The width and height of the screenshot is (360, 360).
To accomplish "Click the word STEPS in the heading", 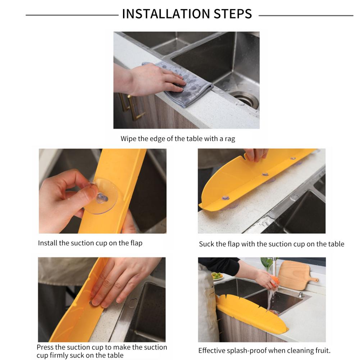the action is pyautogui.click(x=233, y=14).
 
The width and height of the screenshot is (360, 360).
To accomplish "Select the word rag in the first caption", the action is pyautogui.click(x=230, y=139).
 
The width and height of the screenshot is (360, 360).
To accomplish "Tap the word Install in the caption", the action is pyautogui.click(x=48, y=243).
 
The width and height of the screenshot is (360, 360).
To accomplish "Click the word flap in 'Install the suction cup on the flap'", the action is pyautogui.click(x=136, y=243).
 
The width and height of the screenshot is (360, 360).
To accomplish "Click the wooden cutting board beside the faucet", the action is pyautogui.click(x=297, y=275).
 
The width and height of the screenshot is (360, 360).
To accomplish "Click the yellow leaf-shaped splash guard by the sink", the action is pyautogui.click(x=250, y=315).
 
